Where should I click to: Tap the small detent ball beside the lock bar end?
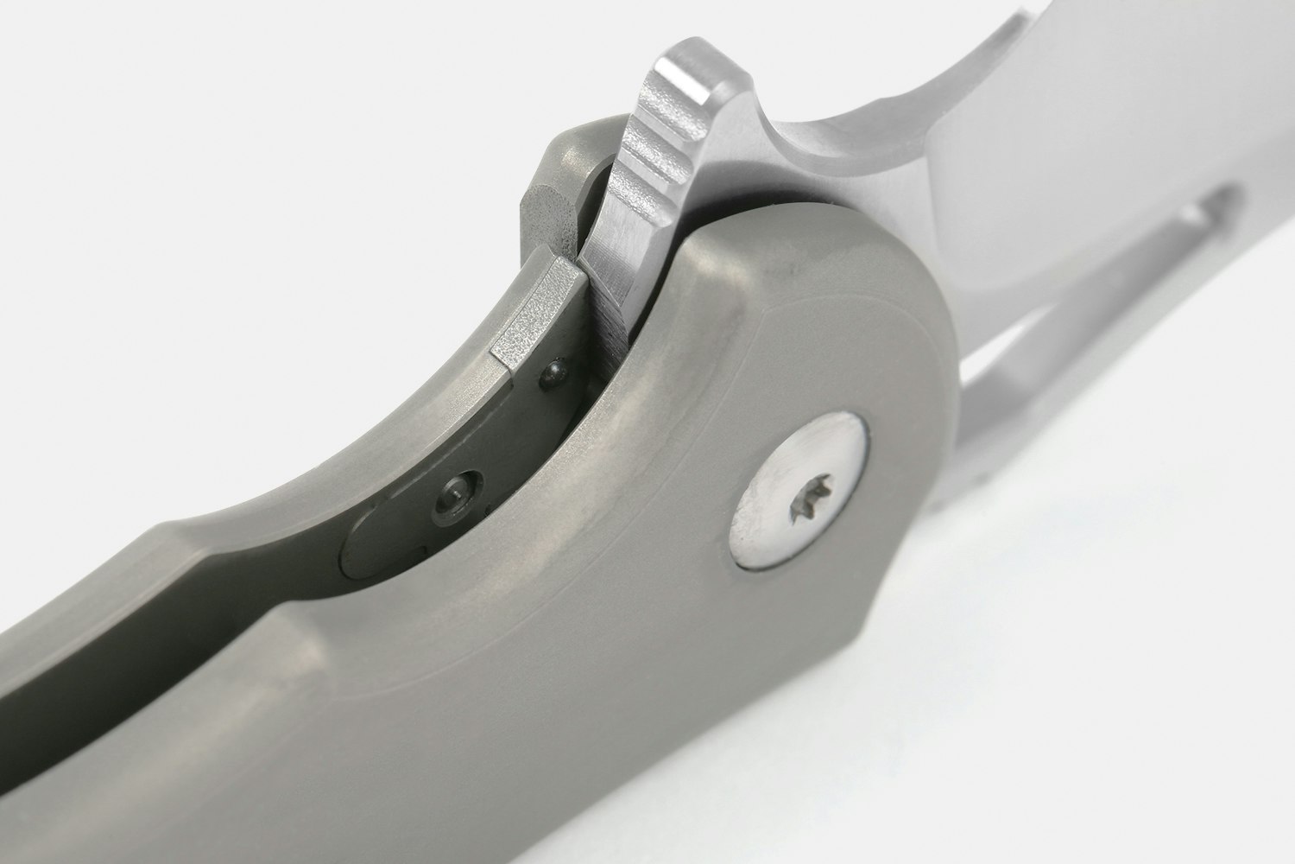(x=550, y=373)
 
